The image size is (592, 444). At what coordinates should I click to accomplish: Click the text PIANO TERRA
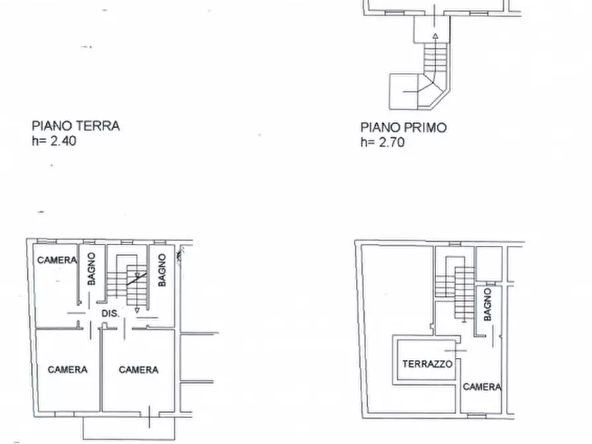76,125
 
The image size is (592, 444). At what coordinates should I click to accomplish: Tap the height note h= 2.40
54,140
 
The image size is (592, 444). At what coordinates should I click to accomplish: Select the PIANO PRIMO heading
403,127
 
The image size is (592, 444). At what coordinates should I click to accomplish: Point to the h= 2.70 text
382,142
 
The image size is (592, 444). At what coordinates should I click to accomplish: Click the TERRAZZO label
428,364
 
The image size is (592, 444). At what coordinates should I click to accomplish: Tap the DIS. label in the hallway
110,313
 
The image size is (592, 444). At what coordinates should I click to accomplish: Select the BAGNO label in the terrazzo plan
488,305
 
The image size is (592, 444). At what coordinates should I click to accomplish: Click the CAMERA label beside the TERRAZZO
481,387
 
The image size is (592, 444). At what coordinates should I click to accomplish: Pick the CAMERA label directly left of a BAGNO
57,260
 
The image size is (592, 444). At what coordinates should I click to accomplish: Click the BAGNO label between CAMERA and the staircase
92,268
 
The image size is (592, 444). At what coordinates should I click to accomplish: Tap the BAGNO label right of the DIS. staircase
162,270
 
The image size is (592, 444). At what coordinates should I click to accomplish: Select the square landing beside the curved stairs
402,91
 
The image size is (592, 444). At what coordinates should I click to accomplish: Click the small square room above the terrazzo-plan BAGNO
489,263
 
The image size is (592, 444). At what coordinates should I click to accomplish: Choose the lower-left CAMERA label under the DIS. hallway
68,370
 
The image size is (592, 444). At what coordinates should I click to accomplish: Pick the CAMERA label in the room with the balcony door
139,370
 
